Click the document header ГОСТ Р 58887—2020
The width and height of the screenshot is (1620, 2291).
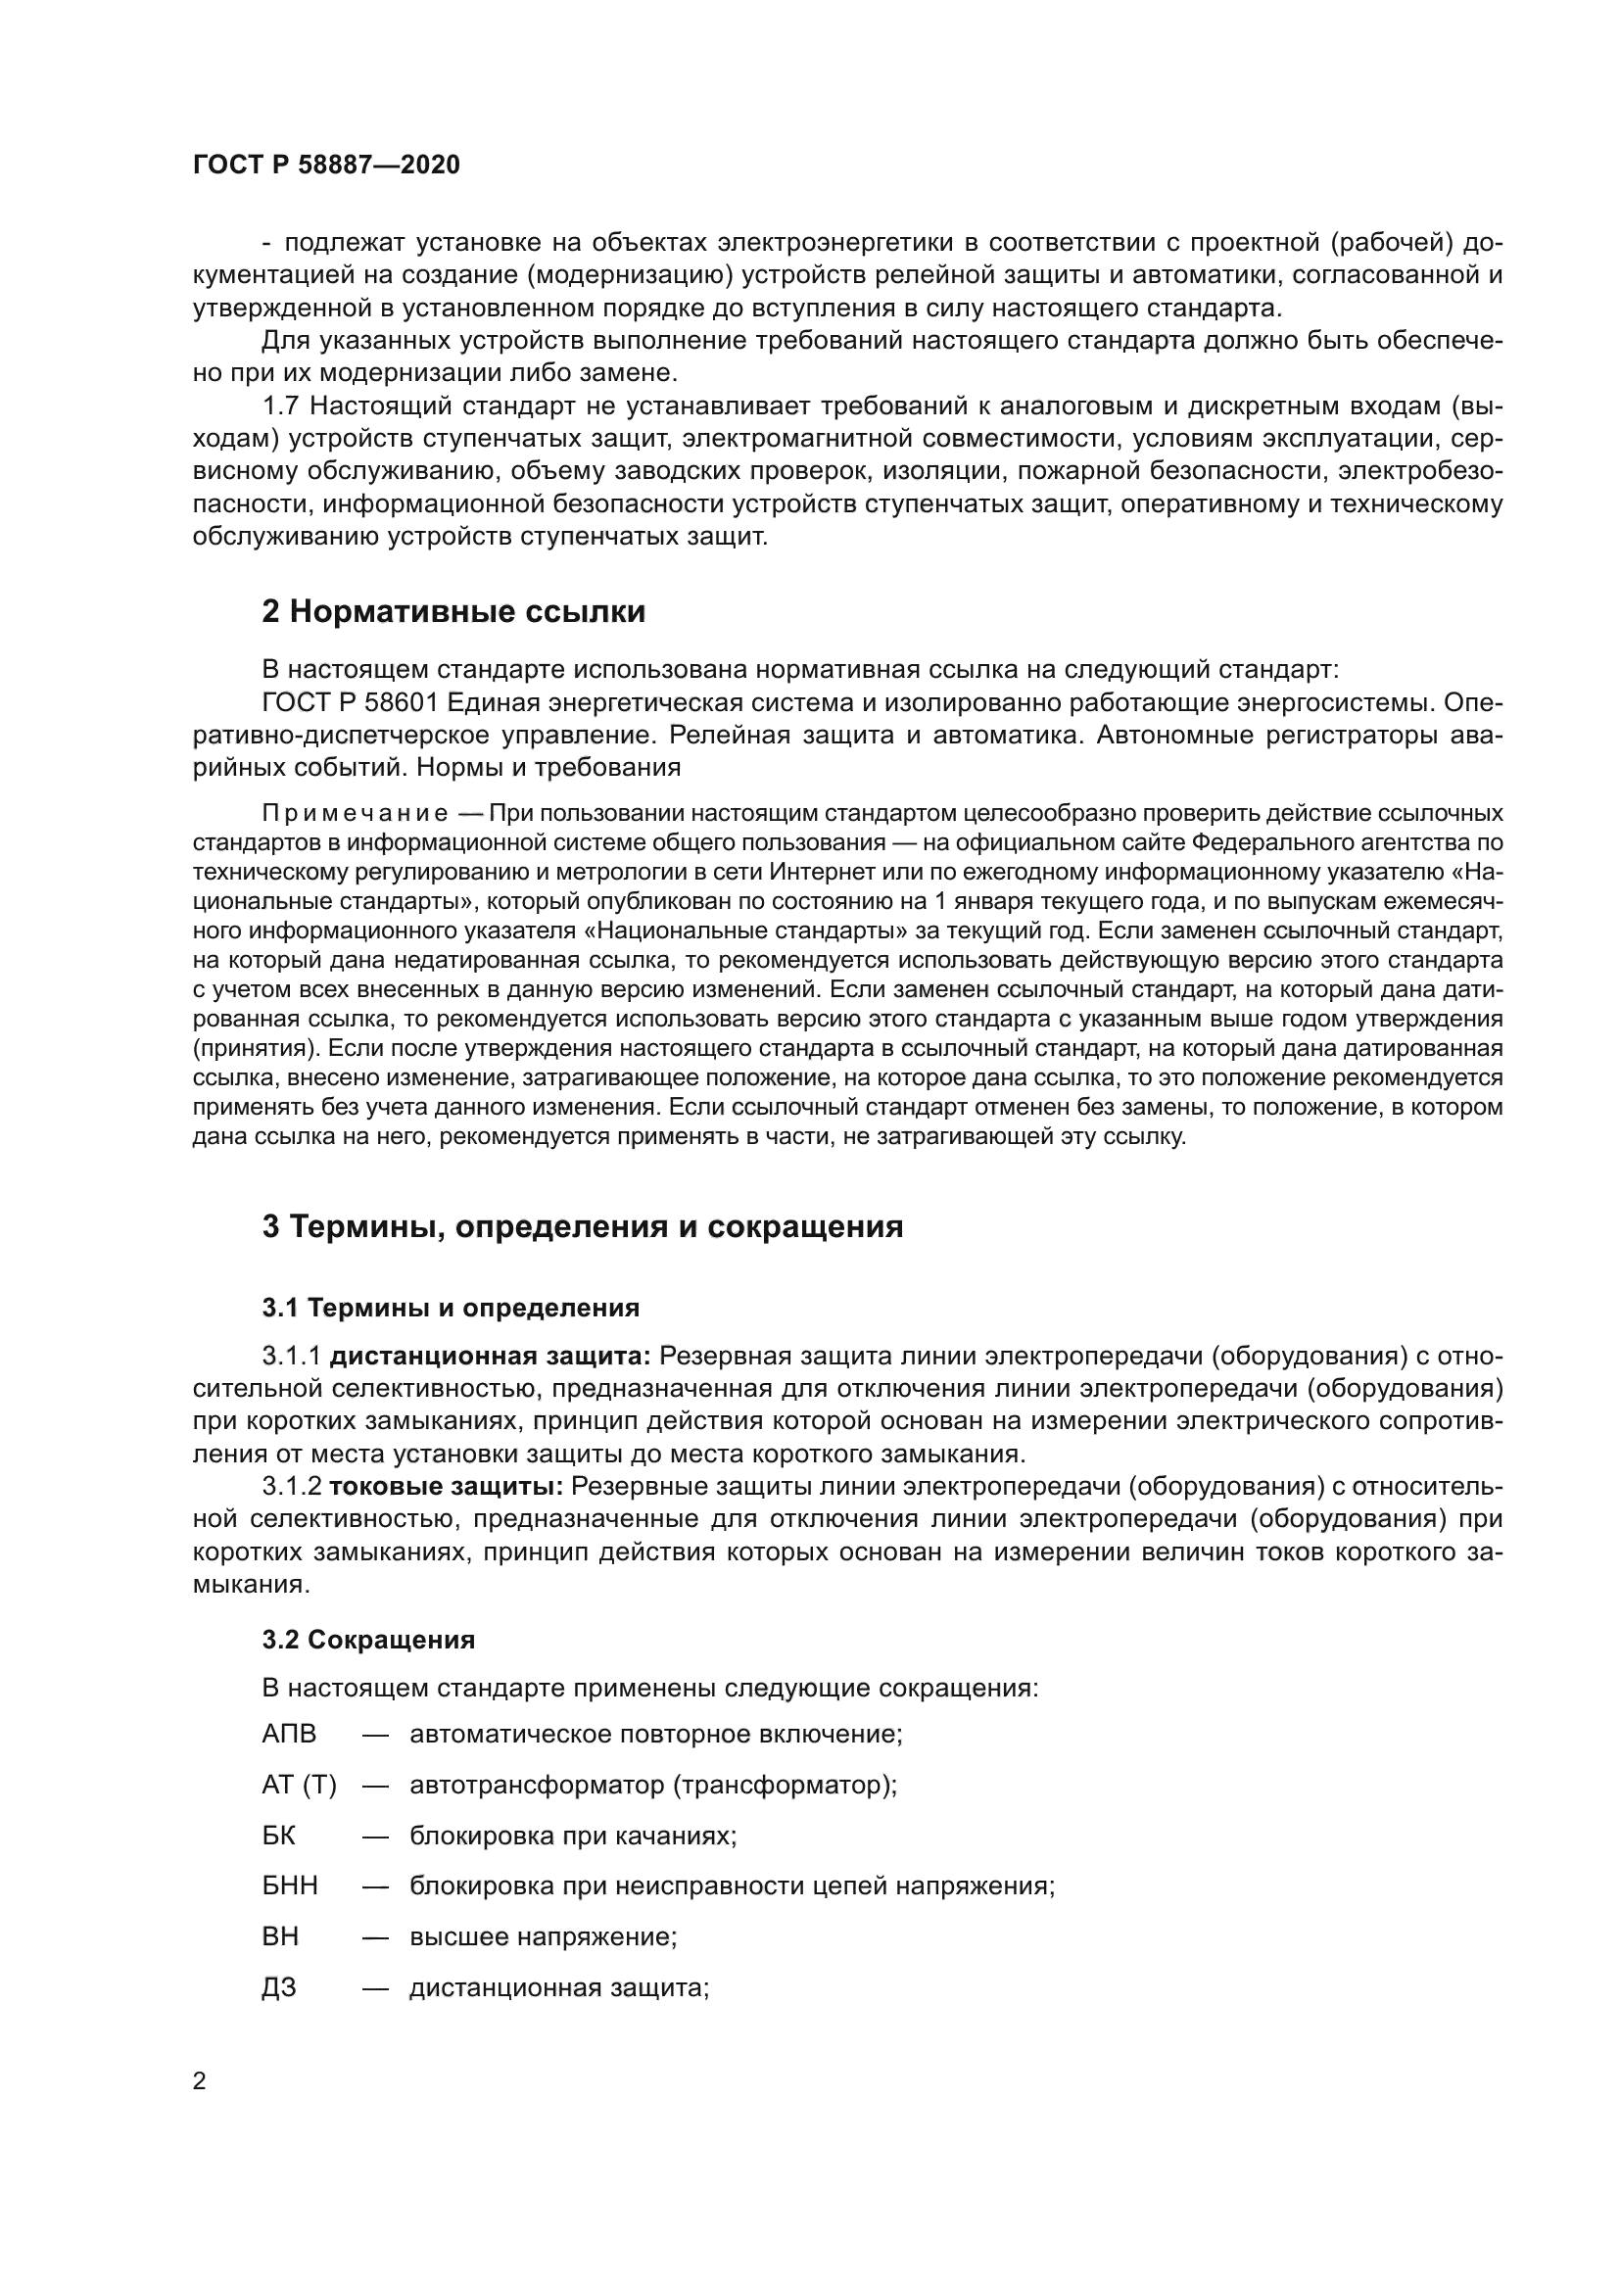click(326, 166)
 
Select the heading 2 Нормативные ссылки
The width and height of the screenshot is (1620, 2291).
click(453, 611)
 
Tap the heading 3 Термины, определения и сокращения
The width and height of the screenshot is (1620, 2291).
click(583, 1226)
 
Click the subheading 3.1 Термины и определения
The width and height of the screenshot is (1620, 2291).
click(451, 1308)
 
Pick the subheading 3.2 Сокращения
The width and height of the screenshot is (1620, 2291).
click(368, 1640)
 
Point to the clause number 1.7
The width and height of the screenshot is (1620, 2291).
click(281, 406)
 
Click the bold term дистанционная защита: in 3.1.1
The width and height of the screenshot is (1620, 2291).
click(490, 1356)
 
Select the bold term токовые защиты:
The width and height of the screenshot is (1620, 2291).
click(446, 1487)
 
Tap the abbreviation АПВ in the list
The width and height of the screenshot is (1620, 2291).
click(288, 1735)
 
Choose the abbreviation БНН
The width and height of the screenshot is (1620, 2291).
click(289, 1885)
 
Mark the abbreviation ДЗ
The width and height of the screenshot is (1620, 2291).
click(278, 1987)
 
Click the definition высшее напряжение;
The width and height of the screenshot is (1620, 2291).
click(544, 1936)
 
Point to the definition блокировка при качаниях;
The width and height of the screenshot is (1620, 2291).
click(573, 1836)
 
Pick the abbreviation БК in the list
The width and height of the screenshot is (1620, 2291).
click(278, 1836)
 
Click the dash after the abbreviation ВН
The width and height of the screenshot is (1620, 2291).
click(375, 1936)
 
